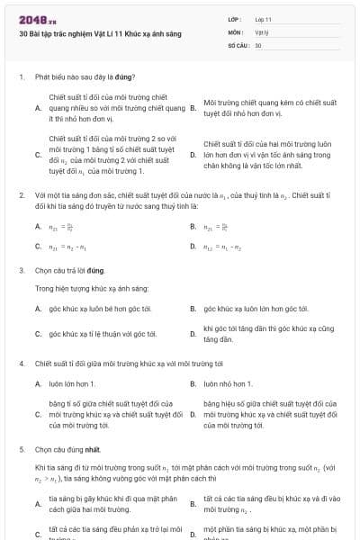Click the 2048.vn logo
(37, 19)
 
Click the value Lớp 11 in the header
(263, 19)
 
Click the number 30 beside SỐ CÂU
(258, 44)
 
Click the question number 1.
(22, 77)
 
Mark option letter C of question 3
(38, 334)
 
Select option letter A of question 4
(38, 384)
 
